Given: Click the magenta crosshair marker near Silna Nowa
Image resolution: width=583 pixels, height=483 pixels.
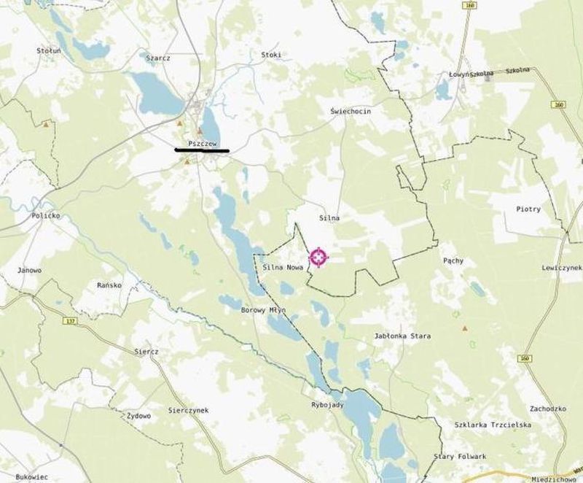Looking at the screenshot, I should click(318, 257).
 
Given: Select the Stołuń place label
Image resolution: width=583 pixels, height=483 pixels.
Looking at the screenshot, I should click(49, 51).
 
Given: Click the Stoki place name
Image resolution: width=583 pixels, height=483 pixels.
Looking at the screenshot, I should click(270, 55).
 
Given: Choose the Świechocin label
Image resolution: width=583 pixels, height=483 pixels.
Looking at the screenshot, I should click(351, 110).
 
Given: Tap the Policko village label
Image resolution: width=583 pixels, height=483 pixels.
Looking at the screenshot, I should click(45, 217).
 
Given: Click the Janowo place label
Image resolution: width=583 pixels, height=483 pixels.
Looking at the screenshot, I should click(29, 270).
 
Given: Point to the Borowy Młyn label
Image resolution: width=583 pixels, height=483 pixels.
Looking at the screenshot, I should click(263, 310).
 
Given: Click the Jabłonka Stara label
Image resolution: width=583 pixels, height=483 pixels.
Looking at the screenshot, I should click(402, 336).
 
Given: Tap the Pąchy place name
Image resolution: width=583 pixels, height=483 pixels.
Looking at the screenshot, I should click(453, 260).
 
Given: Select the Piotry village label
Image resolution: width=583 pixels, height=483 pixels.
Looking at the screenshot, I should click(528, 209).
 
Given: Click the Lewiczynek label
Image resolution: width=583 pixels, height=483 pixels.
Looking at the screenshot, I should click(560, 268).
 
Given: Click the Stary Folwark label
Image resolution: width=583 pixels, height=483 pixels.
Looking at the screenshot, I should click(459, 457).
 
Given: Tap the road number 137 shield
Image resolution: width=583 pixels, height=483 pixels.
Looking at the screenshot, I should click(70, 321).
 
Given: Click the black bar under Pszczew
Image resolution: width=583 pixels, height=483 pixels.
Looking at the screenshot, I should click(202, 151).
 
